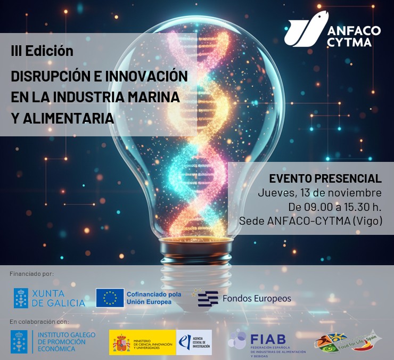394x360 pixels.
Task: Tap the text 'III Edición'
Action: click(42, 51)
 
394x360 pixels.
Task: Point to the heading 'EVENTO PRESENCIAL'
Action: click(325, 178)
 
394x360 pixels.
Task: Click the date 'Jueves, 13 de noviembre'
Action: click(319, 192)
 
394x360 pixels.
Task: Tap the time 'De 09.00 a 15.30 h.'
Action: click(335, 207)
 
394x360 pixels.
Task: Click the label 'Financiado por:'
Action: click(32, 274)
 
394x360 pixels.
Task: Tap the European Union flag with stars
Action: click(110, 298)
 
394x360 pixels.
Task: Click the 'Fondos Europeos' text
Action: click(256, 298)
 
